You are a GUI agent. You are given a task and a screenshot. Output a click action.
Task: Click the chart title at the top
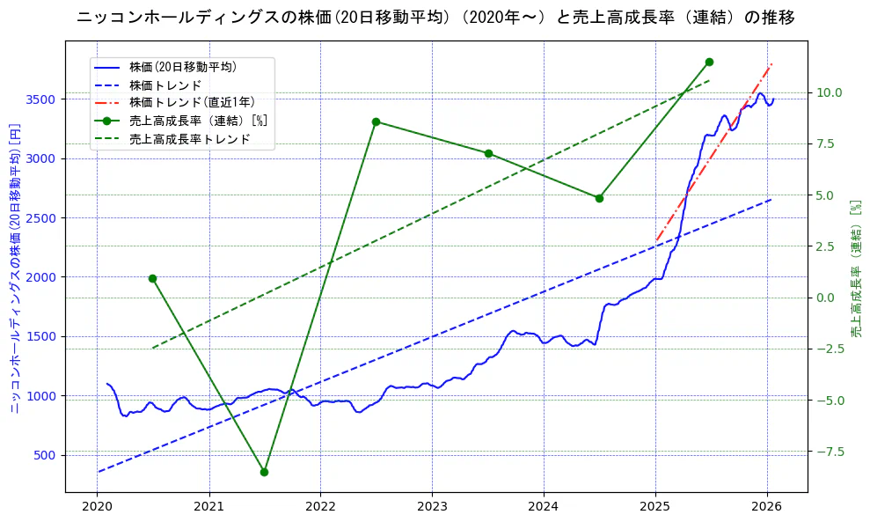click(x=435, y=18)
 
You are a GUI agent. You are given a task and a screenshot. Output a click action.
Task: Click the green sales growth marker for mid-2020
click(x=152, y=278)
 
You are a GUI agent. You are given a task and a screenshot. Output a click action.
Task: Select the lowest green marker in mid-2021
click(x=264, y=472)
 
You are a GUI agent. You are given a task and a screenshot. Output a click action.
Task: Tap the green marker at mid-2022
click(x=376, y=121)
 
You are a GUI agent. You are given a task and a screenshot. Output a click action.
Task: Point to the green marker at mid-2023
click(x=488, y=153)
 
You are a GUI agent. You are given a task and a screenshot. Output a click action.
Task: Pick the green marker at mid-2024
click(x=599, y=198)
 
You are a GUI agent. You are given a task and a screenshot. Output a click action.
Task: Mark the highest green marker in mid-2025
click(x=709, y=62)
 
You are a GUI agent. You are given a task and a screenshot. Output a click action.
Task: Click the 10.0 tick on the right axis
click(x=830, y=92)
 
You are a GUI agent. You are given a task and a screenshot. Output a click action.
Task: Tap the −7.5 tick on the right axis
click(x=830, y=452)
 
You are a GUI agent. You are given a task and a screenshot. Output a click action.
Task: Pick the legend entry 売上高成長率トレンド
click(x=189, y=139)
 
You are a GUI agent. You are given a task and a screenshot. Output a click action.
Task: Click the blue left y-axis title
click(x=15, y=268)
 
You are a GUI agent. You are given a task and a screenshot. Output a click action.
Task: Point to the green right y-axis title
click(x=856, y=268)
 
